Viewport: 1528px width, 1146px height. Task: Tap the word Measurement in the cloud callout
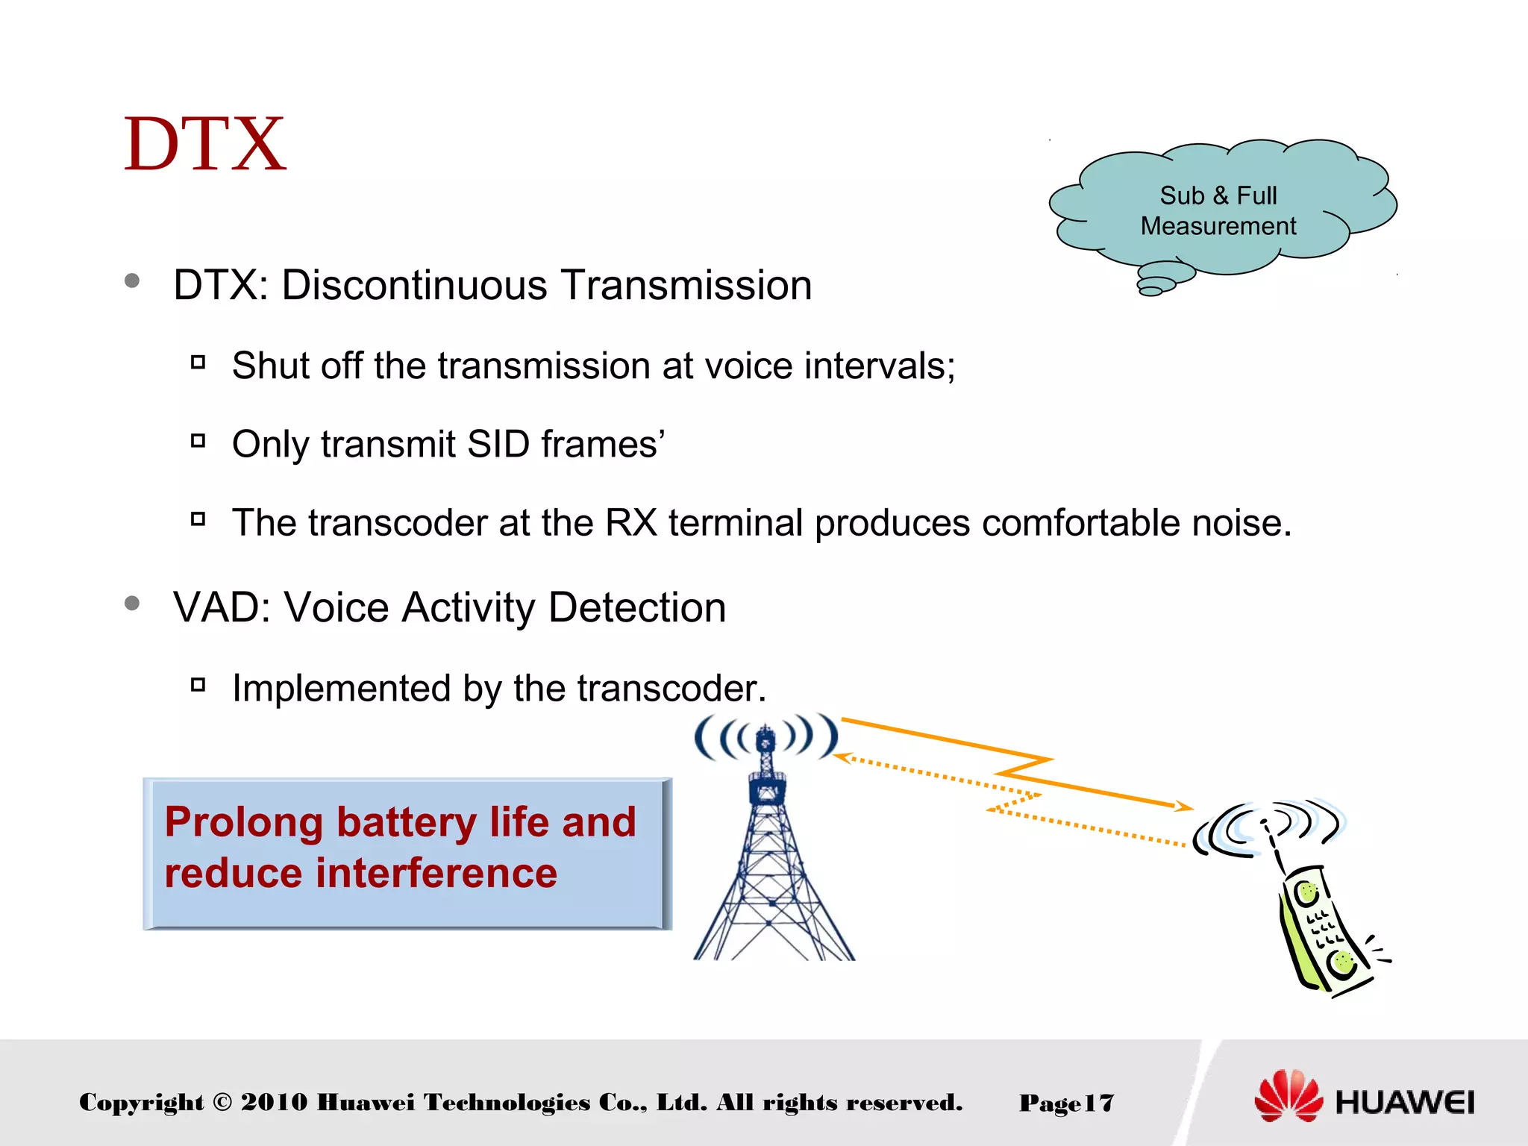coord(1218,226)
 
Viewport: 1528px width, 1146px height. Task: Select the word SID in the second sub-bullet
coord(498,444)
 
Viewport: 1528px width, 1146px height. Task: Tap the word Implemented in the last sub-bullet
coord(341,688)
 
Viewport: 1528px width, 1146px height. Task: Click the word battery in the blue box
coord(407,822)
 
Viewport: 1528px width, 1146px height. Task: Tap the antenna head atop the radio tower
coord(765,738)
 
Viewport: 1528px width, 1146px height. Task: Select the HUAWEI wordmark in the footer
coord(1404,1102)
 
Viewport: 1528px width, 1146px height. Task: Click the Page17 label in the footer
coord(1066,1103)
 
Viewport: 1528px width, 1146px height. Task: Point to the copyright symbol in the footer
coord(222,1102)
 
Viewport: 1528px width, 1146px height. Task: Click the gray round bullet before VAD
coord(133,603)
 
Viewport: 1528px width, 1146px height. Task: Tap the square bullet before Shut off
coord(198,363)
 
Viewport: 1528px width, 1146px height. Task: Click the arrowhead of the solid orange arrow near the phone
coord(1185,806)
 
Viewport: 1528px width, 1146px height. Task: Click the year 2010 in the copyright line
coord(274,1102)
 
